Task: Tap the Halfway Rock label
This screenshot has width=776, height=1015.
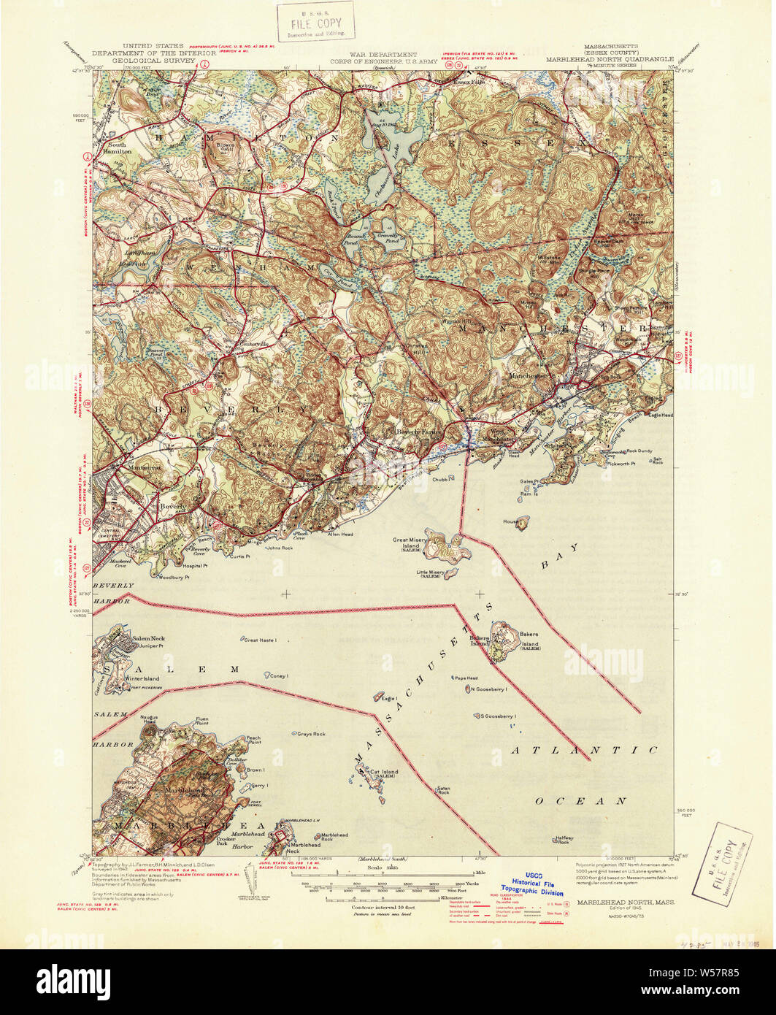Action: pos(562,840)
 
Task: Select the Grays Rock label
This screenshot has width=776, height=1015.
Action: pos(311,733)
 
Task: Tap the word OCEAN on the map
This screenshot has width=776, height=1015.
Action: pos(581,801)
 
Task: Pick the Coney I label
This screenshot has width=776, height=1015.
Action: pos(280,676)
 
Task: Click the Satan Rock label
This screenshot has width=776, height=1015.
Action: pos(442,789)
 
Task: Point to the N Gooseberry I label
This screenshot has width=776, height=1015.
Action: pos(488,689)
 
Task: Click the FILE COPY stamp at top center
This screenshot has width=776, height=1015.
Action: pos(315,23)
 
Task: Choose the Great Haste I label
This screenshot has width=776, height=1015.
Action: pos(260,640)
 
